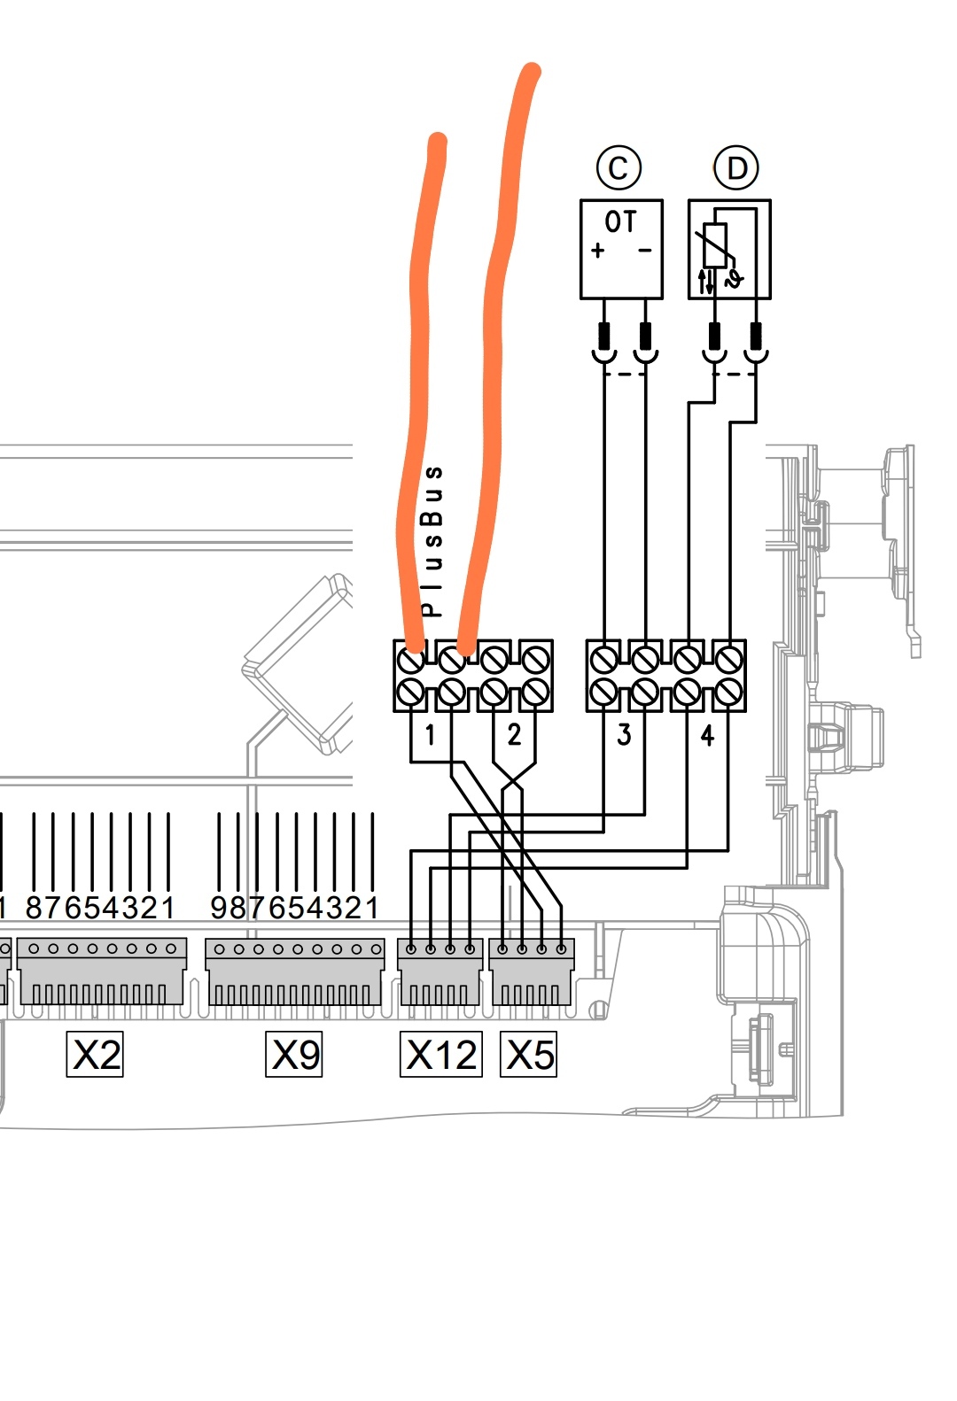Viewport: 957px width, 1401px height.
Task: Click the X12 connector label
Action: [x=441, y=1055]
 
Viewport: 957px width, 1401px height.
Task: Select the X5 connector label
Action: [x=529, y=1055]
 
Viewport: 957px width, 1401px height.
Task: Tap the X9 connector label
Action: [x=294, y=1055]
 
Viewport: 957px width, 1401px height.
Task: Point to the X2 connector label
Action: [x=95, y=1055]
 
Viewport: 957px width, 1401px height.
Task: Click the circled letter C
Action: [x=619, y=167]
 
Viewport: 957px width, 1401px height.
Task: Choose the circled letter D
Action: [x=736, y=167]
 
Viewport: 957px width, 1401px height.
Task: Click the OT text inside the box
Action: [x=620, y=221]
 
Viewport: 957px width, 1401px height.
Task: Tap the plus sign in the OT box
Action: [x=598, y=251]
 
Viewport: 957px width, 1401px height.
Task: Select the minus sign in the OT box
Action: [x=644, y=251]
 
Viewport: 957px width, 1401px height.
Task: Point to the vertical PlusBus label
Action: [x=432, y=540]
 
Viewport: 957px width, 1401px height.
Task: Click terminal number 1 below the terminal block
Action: [x=430, y=734]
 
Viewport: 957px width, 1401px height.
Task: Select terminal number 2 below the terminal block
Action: [x=514, y=734]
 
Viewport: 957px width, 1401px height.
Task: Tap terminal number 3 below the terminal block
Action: [x=624, y=734]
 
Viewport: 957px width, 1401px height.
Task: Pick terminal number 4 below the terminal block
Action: [x=707, y=735]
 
